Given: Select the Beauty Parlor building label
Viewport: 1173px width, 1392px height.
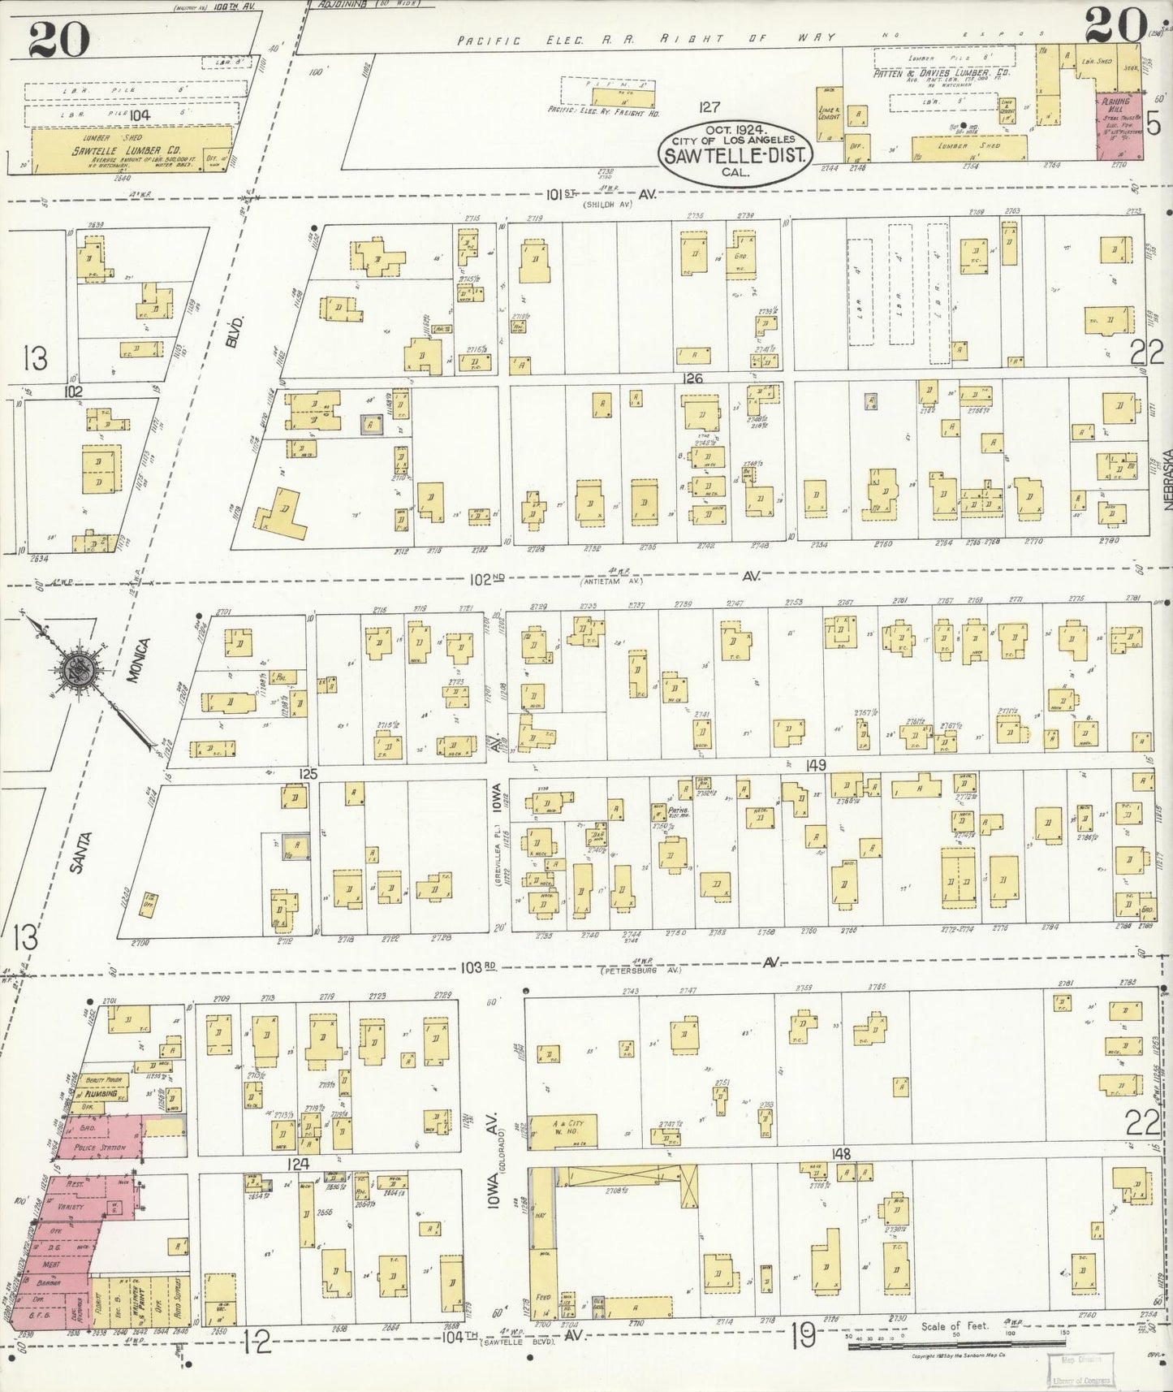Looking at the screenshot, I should tap(103, 1069).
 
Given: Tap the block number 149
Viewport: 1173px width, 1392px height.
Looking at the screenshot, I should tap(816, 765).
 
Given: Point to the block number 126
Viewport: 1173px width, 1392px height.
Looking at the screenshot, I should tap(692, 378).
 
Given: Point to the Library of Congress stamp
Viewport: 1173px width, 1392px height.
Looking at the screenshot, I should tap(1081, 1368).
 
